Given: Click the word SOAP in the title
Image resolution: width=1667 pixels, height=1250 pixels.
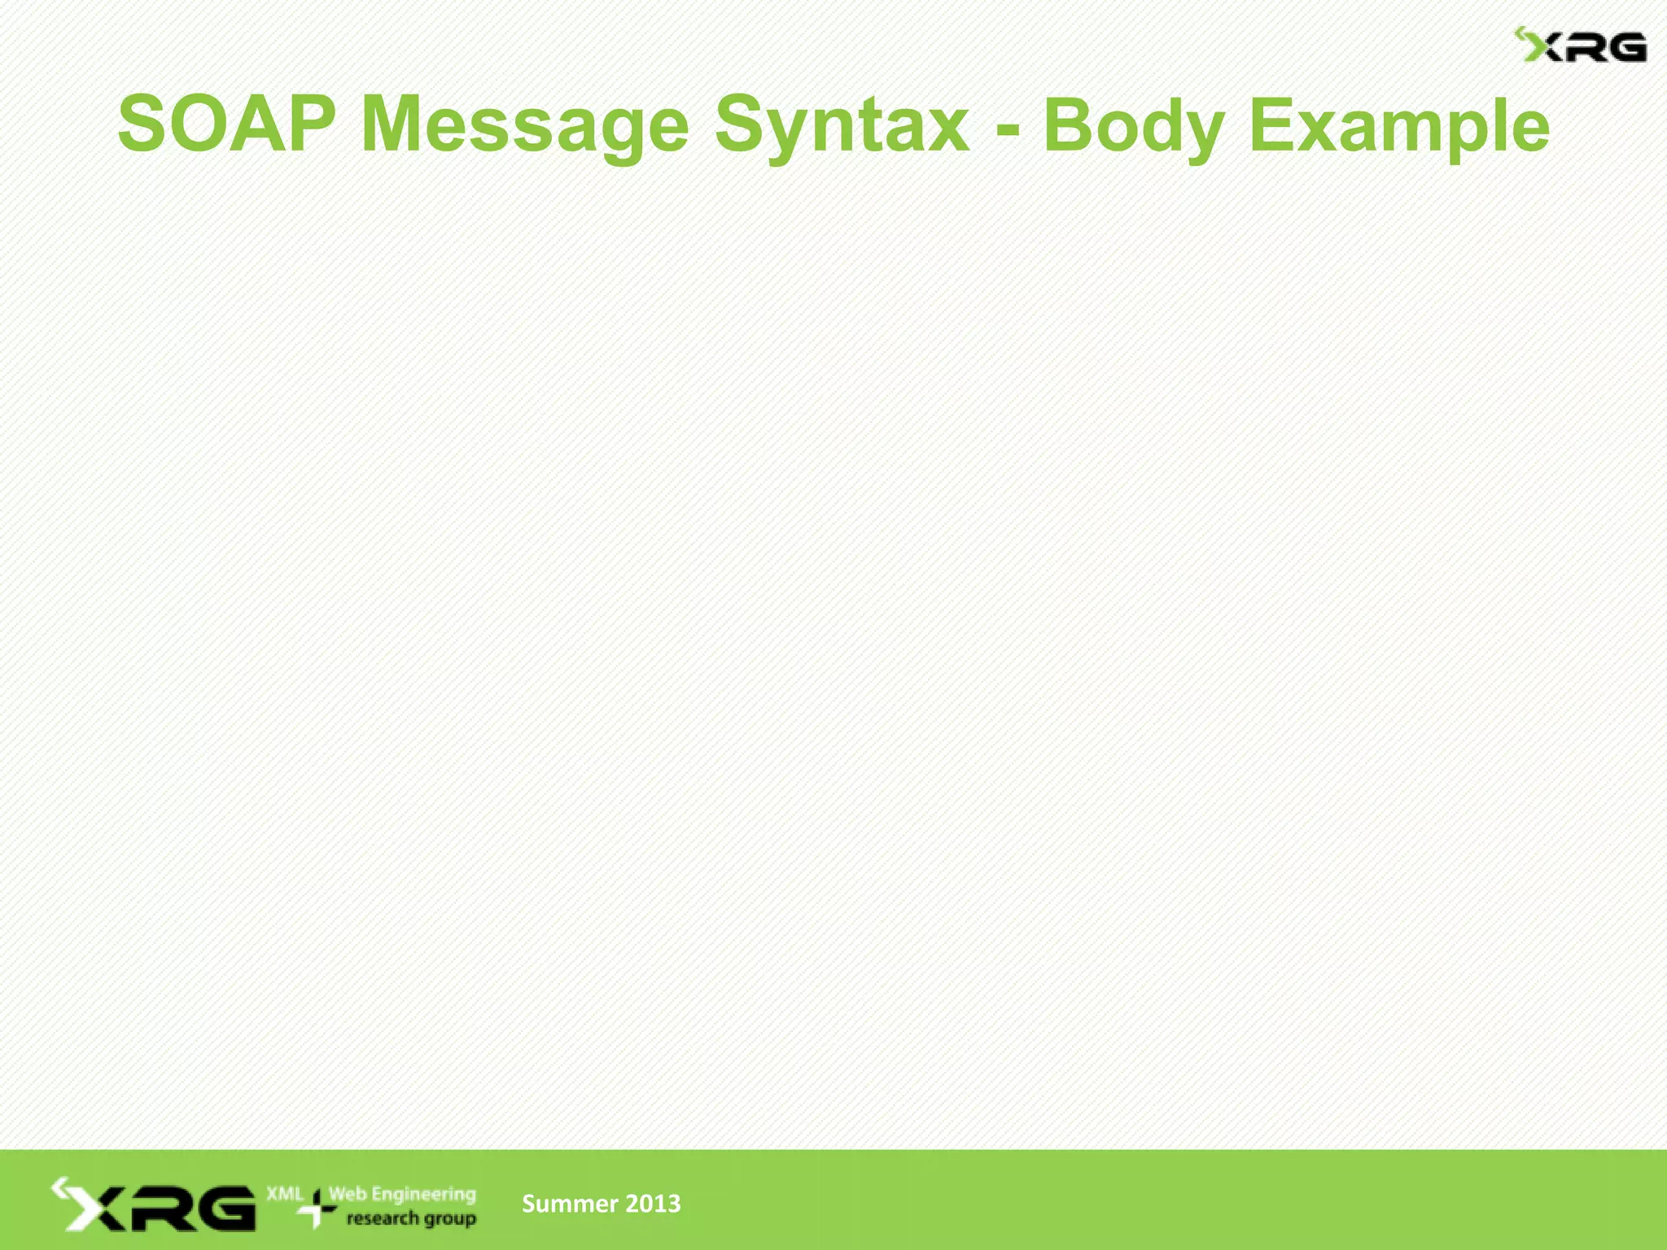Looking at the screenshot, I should pyautogui.click(x=226, y=125).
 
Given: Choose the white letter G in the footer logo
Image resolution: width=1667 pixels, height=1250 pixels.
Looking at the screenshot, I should pyautogui.click(x=223, y=1208).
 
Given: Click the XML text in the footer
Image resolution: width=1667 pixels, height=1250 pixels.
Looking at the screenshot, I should pyautogui.click(x=284, y=1194).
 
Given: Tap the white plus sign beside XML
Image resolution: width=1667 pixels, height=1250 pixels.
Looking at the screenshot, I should pyautogui.click(x=316, y=1208).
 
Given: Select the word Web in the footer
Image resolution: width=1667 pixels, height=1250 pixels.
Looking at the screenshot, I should pyautogui.click(x=348, y=1194).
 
